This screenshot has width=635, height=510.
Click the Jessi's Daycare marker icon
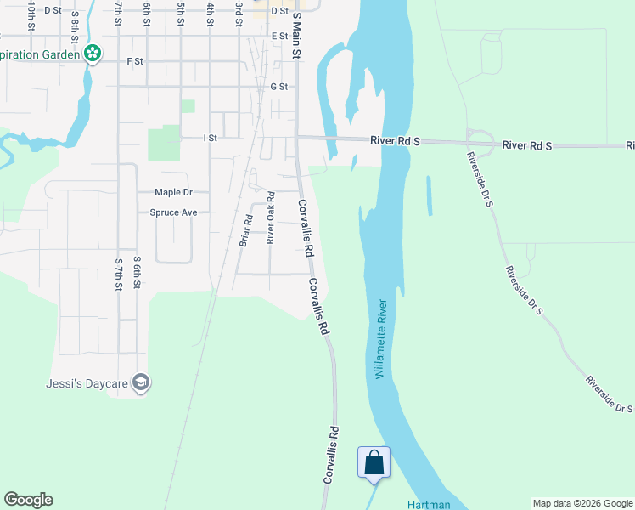click(x=141, y=383)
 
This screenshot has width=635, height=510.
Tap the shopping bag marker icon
click(x=374, y=463)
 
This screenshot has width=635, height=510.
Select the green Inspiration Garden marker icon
click(x=93, y=54)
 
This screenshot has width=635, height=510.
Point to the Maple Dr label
click(x=174, y=193)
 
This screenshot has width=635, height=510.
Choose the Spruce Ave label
click(x=173, y=212)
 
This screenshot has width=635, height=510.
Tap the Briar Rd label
click(x=244, y=229)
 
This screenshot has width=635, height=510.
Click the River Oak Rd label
click(x=271, y=218)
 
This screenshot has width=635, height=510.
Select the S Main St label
click(x=296, y=35)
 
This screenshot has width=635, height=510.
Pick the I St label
click(x=211, y=138)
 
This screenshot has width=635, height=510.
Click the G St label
click(x=278, y=87)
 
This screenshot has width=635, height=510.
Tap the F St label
click(x=134, y=61)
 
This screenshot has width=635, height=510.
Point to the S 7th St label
click(x=118, y=273)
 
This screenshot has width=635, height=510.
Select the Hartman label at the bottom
click(x=428, y=504)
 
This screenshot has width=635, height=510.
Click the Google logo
click(x=29, y=500)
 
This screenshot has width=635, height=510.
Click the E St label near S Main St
click(x=279, y=37)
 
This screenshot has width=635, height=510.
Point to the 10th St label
click(x=31, y=15)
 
